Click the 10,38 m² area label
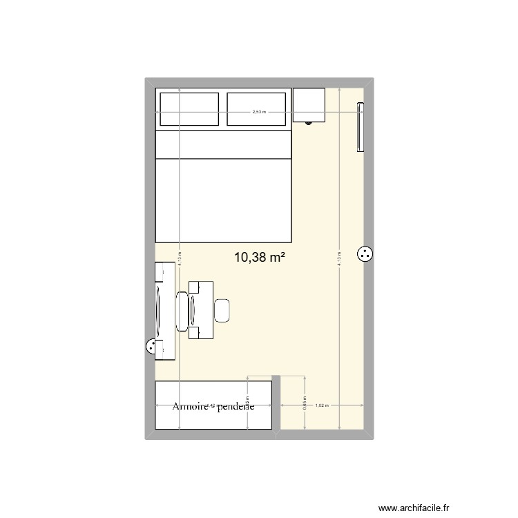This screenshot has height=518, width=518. pos(260,258)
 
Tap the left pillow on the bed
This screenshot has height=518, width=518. pos(189,109)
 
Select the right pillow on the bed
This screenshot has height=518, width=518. pos(256,109)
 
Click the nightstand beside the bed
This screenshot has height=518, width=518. pos(309,105)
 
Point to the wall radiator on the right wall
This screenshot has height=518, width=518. pos(360,126)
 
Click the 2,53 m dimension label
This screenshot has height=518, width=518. pos(258,111)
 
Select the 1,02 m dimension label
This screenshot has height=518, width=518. pos(321,405)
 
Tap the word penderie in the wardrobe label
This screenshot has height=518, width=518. pos(236,407)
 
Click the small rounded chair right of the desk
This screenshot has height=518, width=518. pos(222,310)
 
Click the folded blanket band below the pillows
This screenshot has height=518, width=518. pos(222,144)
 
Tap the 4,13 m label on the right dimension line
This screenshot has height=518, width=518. pos(339,259)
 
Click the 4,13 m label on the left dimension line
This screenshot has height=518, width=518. pos(179,259)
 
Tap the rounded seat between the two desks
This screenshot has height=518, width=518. pos(183,311)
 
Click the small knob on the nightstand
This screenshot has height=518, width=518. pos(309,122)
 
